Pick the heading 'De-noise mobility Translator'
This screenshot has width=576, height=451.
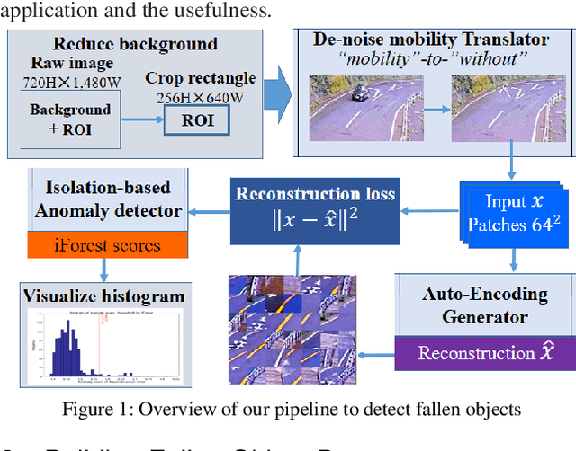(429, 40)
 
